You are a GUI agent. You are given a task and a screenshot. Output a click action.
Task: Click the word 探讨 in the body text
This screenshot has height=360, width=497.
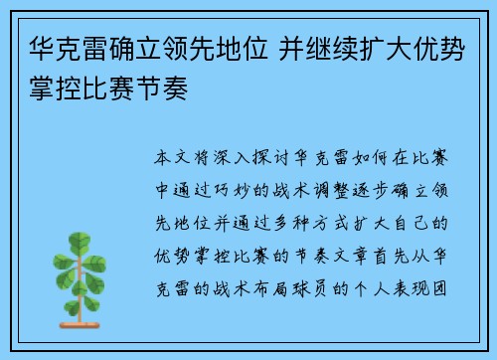click(280, 158)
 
